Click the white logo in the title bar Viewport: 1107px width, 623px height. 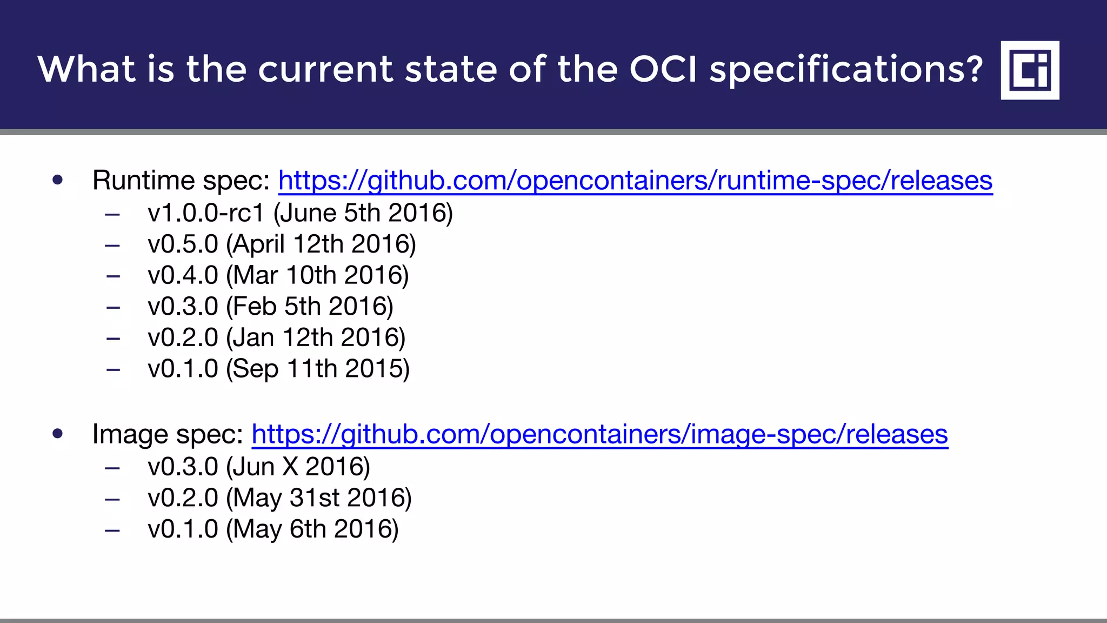tap(1030, 70)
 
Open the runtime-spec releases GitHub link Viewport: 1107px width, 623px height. tap(635, 181)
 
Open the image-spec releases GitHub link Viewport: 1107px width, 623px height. tap(599, 434)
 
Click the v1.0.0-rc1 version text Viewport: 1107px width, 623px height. tap(206, 213)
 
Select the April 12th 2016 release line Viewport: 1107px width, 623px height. tap(282, 244)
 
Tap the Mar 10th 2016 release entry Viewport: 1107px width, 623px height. tap(278, 275)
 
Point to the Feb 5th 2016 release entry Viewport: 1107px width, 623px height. tap(270, 307)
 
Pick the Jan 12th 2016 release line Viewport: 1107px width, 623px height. tap(276, 338)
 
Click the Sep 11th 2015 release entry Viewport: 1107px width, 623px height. tap(278, 369)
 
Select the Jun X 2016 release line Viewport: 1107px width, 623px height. tap(258, 467)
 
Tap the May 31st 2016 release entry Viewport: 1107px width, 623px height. tap(279, 498)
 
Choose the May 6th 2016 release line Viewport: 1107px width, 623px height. tap(273, 529)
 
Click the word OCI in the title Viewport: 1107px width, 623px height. tap(663, 69)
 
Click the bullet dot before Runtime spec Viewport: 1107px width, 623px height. tap(58, 180)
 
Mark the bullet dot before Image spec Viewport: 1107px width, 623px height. tap(58, 434)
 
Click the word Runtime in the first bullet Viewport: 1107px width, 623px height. tap(143, 181)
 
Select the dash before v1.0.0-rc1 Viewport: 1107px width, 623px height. tap(112, 214)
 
